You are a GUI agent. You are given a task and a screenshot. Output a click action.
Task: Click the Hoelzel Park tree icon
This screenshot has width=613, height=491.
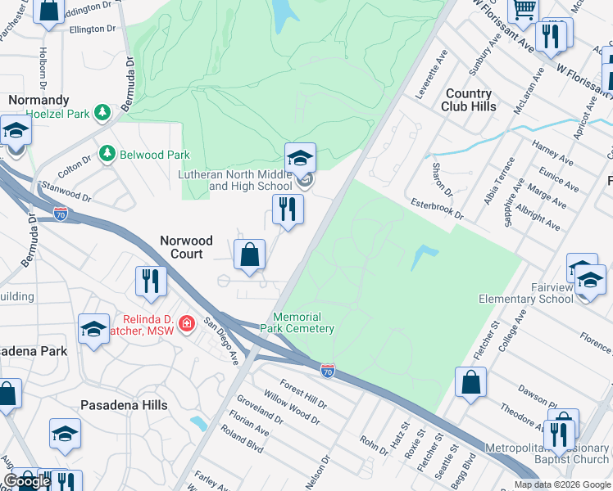point(102,114)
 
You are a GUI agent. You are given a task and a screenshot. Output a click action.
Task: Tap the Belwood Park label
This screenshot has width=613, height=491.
point(154,154)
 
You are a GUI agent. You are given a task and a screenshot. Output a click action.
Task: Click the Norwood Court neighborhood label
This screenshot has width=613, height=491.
point(185,247)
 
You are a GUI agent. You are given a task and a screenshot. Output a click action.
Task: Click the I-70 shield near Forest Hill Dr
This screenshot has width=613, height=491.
point(328,371)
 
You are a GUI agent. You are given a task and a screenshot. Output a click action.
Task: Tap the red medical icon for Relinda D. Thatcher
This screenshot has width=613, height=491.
point(187,324)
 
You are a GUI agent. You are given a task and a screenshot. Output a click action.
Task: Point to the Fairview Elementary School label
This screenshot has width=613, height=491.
point(533,293)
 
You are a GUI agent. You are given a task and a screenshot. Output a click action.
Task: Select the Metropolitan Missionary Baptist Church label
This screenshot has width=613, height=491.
point(547,453)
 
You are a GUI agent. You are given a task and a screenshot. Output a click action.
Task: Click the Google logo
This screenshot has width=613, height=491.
point(27,481)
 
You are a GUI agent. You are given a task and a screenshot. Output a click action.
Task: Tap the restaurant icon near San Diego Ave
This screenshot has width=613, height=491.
point(151,281)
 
